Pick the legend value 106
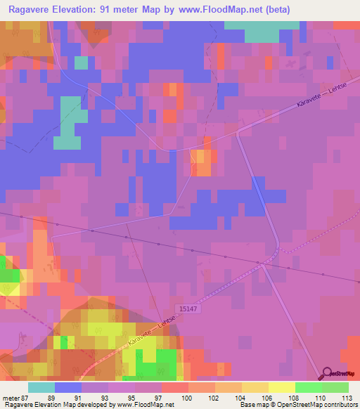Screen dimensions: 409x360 point(268,398)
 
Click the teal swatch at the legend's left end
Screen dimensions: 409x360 point(41,387)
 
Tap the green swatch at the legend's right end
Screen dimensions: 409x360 point(335,387)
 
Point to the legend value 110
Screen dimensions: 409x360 point(321,398)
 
